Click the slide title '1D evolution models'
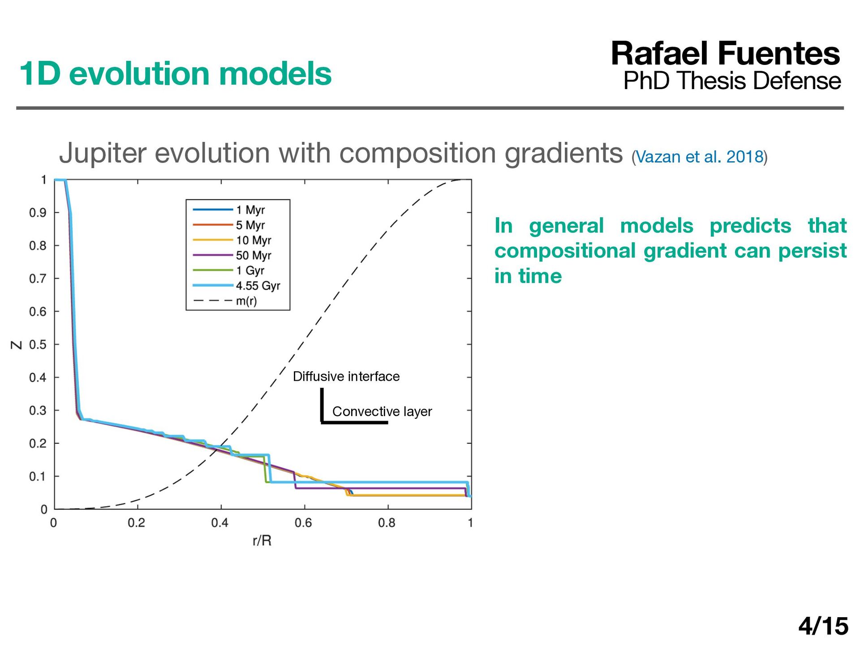pyautogui.click(x=175, y=74)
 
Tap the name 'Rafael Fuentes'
pyautogui.click(x=725, y=54)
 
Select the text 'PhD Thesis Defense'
pyautogui.click(x=732, y=81)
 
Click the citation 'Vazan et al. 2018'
pyautogui.click(x=700, y=157)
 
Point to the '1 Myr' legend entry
pyautogui.click(x=229, y=210)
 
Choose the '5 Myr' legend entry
pyautogui.click(x=229, y=225)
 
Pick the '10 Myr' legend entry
pyautogui.click(x=232, y=240)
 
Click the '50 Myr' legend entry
pyautogui.click(x=232, y=255)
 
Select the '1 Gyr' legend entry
pyautogui.click(x=228, y=271)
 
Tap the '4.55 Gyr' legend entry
pyautogui.click(x=236, y=286)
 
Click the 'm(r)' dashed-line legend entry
pyautogui.click(x=225, y=301)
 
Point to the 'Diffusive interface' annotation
pyautogui.click(x=346, y=376)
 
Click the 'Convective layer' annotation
pyautogui.click(x=382, y=411)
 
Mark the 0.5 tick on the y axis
pyautogui.click(x=38, y=344)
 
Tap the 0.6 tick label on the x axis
pyautogui.click(x=303, y=523)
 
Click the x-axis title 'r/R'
pyautogui.click(x=262, y=541)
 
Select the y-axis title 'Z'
pyautogui.click(x=17, y=345)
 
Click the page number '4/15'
pyautogui.click(x=823, y=626)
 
